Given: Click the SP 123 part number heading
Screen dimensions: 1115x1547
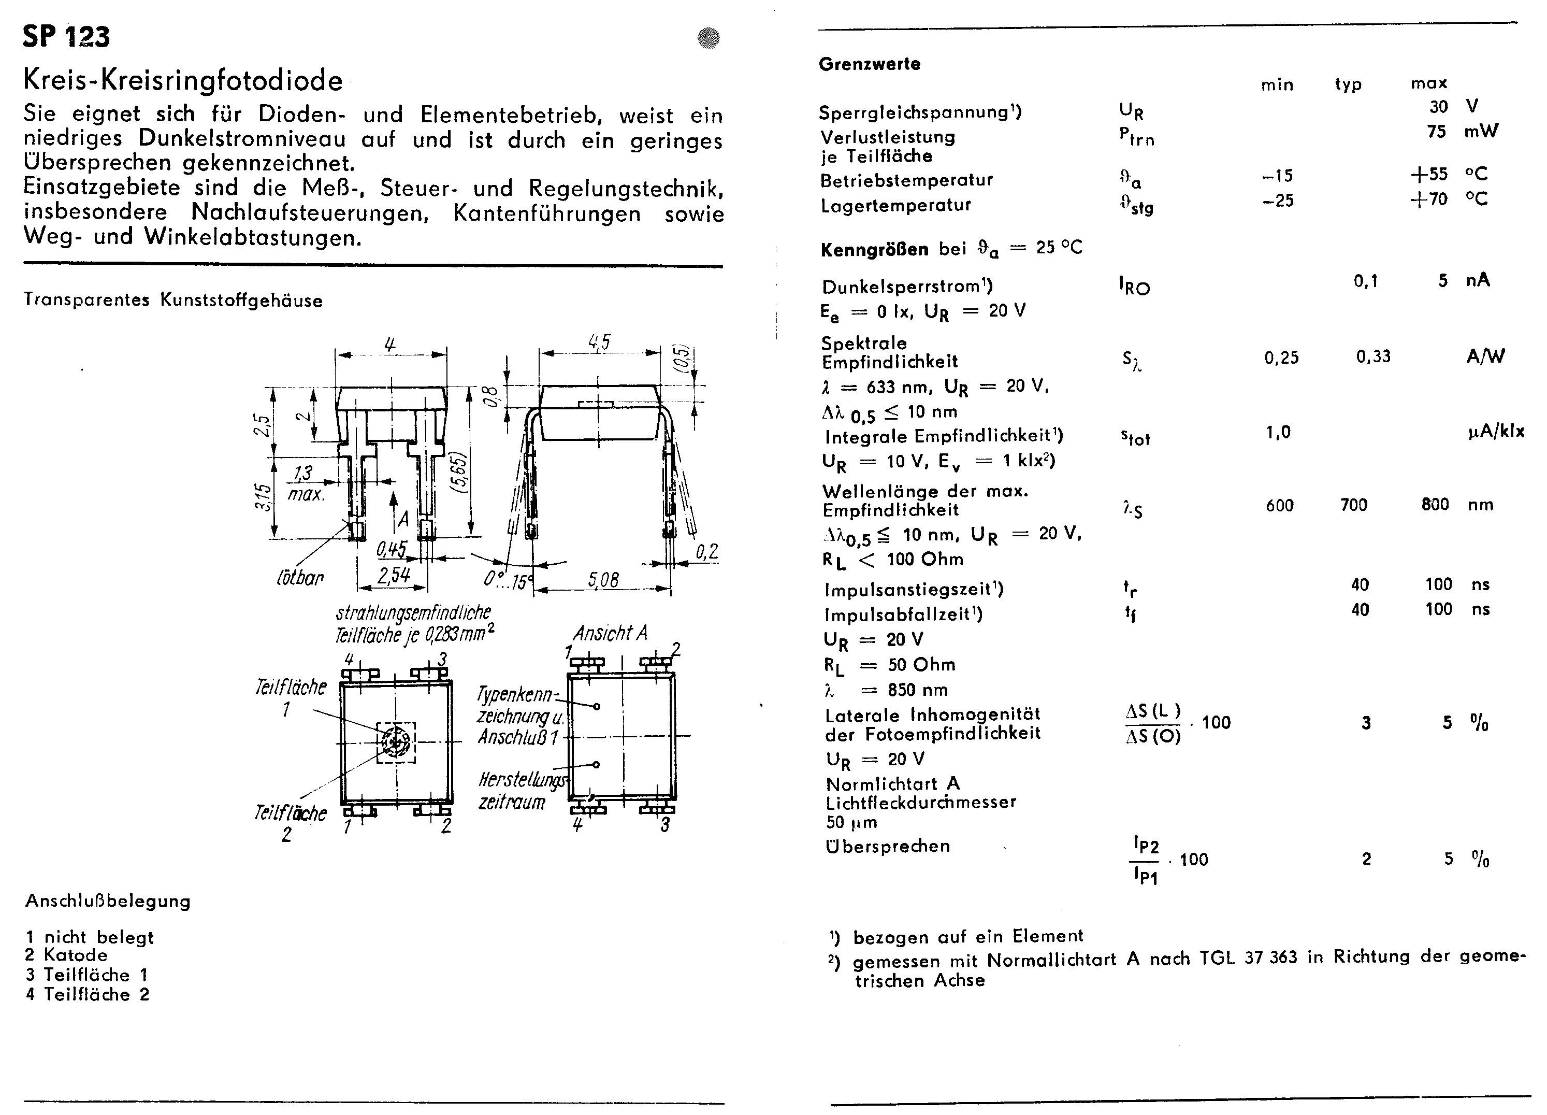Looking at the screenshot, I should [66, 36].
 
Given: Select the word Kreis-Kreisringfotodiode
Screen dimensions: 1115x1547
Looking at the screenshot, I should [183, 80].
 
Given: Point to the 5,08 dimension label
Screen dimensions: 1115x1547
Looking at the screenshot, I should [603, 579].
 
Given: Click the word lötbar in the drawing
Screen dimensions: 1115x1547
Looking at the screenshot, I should [299, 579].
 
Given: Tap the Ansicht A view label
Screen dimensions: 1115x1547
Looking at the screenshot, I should [609, 633].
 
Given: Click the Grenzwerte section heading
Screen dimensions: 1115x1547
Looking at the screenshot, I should [869, 64].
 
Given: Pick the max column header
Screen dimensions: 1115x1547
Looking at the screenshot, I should [1428, 83].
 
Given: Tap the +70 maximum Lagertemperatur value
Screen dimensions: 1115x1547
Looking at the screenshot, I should [1428, 199].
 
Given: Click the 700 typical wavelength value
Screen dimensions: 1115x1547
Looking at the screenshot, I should [1353, 505].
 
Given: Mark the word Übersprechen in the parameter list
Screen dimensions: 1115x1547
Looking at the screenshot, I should [887, 846].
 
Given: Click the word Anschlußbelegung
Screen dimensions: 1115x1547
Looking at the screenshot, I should [108, 902].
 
